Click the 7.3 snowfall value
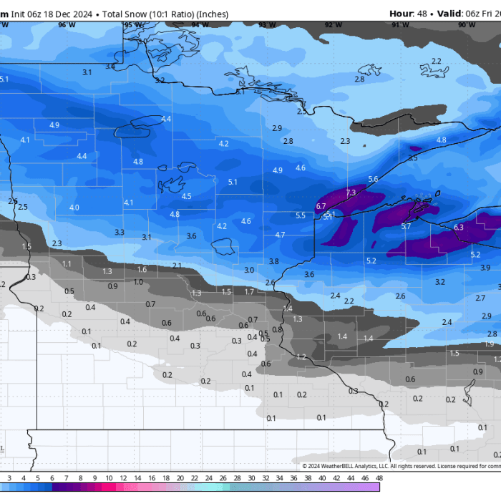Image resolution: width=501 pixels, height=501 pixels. click(x=350, y=193)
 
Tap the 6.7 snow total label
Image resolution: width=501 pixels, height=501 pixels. click(x=321, y=206)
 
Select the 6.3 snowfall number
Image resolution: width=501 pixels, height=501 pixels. click(x=459, y=228)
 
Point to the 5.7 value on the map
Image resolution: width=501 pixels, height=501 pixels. click(x=406, y=226)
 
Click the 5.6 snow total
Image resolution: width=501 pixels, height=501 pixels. click(x=373, y=179)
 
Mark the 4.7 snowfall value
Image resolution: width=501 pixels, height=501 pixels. click(x=280, y=235)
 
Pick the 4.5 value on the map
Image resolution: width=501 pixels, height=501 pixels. click(x=187, y=196)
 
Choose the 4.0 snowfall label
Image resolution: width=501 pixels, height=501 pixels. click(x=74, y=208)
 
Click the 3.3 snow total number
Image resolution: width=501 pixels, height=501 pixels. click(x=120, y=232)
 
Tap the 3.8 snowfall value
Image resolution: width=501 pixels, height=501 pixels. click(x=273, y=262)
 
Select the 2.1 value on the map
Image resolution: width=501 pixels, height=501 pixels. click(x=177, y=266)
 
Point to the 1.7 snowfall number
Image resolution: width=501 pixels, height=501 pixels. click(x=249, y=291)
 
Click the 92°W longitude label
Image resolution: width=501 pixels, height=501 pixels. click(x=333, y=25)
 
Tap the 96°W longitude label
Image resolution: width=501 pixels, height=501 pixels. click(x=67, y=25)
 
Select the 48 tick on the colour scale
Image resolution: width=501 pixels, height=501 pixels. click(x=378, y=477)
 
